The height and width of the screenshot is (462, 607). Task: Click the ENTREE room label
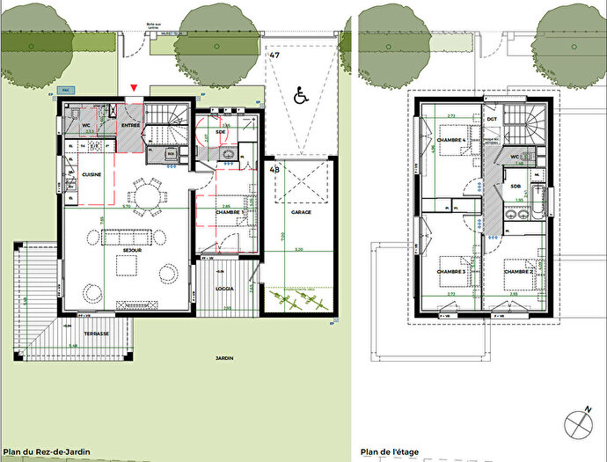click(130, 127)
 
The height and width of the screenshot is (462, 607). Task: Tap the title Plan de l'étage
click(390, 452)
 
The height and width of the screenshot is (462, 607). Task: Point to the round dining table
click(146, 194)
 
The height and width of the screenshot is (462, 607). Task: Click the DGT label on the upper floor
click(492, 118)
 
